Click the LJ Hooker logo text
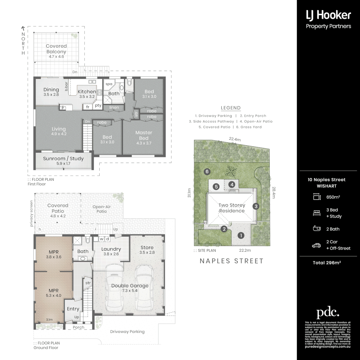tap(328, 15)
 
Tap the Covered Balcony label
tap(56, 49)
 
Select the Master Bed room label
tap(144, 135)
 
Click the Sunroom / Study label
tap(63, 159)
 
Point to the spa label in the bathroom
tap(109, 84)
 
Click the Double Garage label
tap(130, 286)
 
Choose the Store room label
tap(147, 247)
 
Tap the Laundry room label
tap(111, 249)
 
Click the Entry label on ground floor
tap(73, 309)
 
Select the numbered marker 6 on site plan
tap(207, 171)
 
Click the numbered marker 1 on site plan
tap(241, 235)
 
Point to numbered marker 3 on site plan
tap(256, 206)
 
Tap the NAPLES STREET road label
tap(231, 261)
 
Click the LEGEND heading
tap(231, 108)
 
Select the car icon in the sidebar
tap(316, 245)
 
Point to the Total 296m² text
tap(327, 263)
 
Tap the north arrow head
tap(23, 29)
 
